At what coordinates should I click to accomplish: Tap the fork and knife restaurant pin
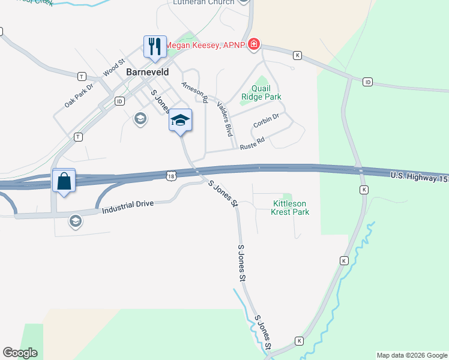click(155, 46)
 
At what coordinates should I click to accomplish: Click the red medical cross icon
click(254, 44)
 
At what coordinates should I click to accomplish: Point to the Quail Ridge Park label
click(261, 92)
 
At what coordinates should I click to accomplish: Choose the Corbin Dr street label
click(266, 121)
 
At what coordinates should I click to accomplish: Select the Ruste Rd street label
click(252, 144)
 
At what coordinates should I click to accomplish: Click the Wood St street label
click(113, 67)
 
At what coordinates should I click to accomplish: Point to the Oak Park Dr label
click(79, 95)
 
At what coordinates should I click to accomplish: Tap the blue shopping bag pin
click(64, 180)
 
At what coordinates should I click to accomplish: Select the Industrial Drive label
click(128, 208)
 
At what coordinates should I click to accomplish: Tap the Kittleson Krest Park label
click(289, 208)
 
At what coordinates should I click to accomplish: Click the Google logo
click(20, 353)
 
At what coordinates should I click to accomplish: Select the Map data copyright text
click(412, 355)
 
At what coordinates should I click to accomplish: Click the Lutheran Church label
click(203, 2)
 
